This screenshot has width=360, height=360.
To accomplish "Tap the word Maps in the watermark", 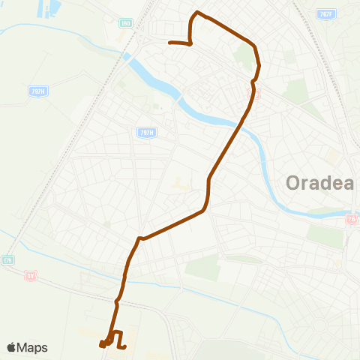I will click(x=33, y=347).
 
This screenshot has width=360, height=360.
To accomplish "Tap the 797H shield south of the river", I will click(x=146, y=132).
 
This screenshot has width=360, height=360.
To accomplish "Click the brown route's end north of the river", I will click(x=171, y=43).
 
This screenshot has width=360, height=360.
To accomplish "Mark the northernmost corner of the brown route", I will click(x=197, y=12).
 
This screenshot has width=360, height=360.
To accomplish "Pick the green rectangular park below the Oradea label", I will click(x=325, y=236).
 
